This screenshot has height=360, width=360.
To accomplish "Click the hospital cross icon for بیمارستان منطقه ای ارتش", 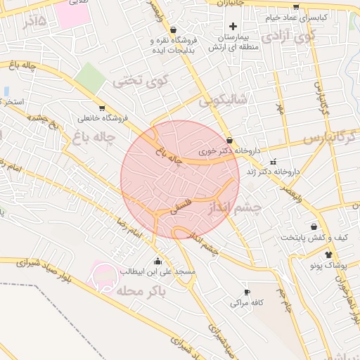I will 233,26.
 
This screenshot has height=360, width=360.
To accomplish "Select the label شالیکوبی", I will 223,101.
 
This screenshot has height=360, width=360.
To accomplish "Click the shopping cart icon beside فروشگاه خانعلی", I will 102,108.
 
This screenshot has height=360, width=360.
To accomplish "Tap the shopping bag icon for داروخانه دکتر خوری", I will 229,140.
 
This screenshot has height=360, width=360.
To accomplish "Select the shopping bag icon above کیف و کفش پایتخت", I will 313,226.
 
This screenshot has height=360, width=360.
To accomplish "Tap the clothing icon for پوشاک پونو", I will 328,253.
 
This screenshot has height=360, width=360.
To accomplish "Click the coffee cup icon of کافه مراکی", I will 246,292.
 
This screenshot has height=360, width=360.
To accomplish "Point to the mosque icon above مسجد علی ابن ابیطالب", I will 166,261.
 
